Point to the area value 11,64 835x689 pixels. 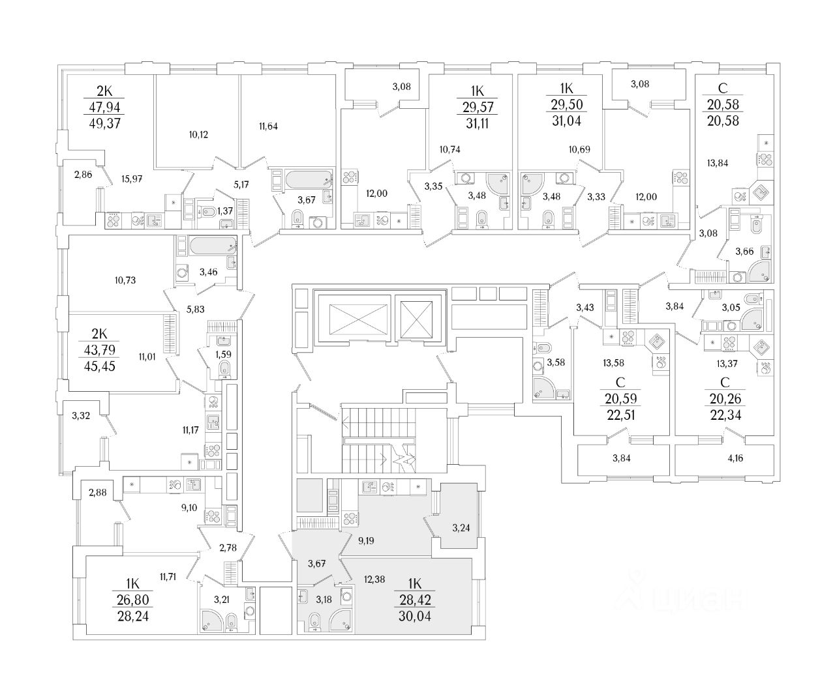pos(267,126)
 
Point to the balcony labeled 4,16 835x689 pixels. pos(734,459)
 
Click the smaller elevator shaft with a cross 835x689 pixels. pos(418,319)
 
